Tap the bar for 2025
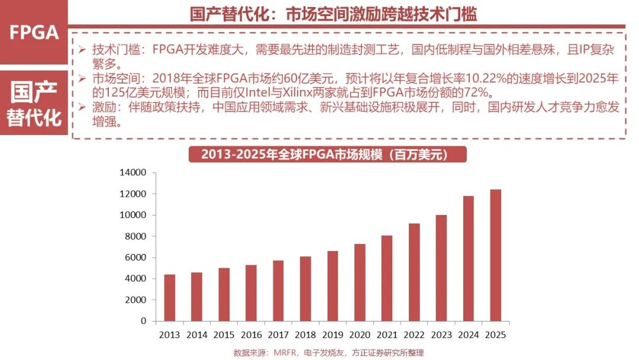tap(495, 255)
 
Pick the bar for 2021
tap(387, 278)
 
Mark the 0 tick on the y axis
tap(143, 321)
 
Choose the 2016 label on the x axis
tap(251, 335)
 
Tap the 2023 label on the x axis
tap(441, 335)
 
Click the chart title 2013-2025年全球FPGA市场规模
tap(327, 155)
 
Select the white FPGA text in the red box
tap(34, 33)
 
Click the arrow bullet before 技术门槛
tap(82, 49)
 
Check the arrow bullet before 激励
tap(82, 107)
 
